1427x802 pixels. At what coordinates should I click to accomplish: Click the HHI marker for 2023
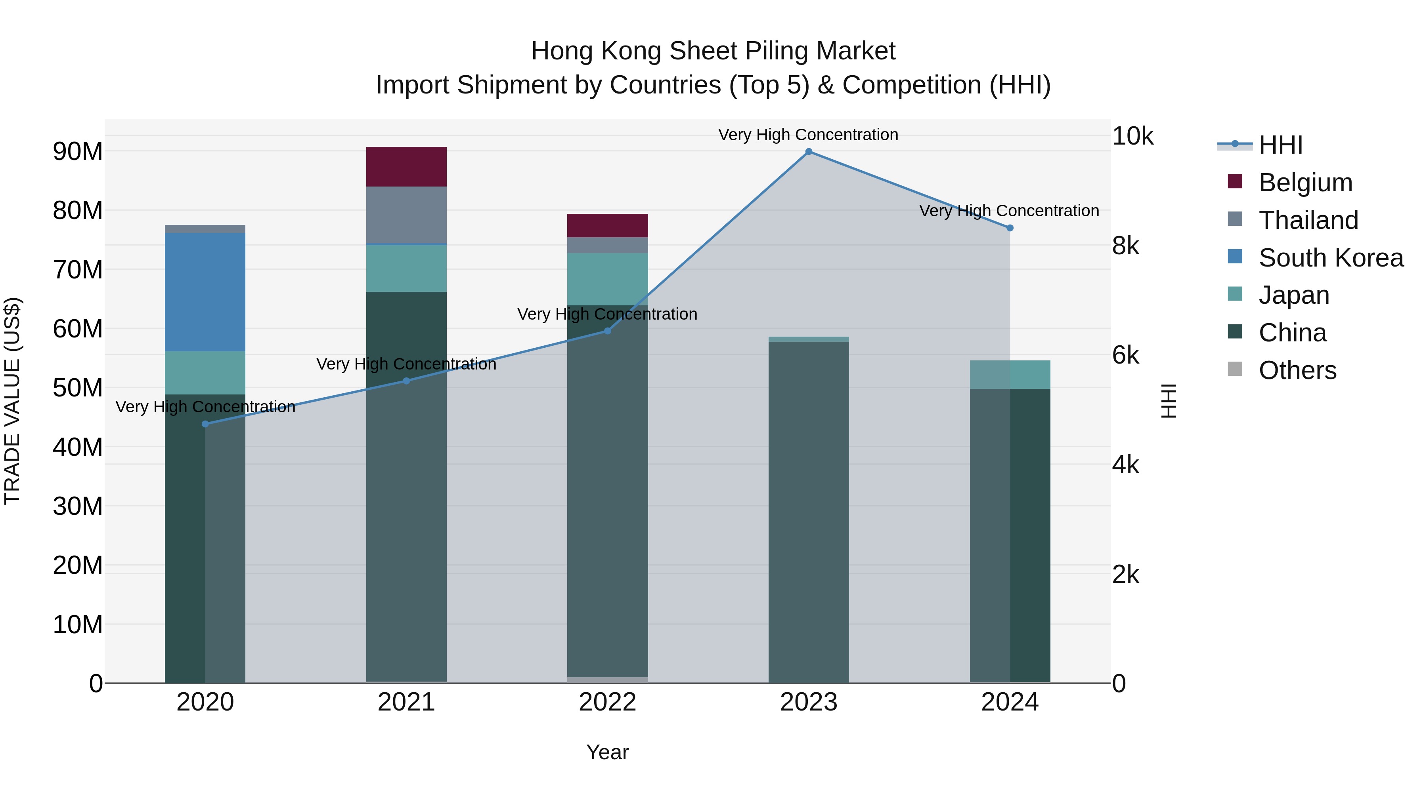tap(808, 152)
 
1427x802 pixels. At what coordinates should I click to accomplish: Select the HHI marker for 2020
tap(205, 424)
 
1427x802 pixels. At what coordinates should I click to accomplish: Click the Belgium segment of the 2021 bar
tap(406, 167)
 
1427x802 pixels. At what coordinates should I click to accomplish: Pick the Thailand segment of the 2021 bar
tap(406, 215)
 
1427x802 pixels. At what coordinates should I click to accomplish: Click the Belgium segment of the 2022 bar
tap(607, 225)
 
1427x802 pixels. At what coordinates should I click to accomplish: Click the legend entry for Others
tap(1297, 370)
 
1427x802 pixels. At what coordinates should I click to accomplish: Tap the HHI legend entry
tap(1280, 145)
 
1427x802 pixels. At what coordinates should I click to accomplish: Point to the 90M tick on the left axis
tap(78, 151)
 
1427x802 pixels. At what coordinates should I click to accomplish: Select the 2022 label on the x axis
tap(607, 702)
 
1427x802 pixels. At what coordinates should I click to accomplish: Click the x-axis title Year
tap(607, 752)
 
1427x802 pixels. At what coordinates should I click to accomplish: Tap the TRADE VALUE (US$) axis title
tap(12, 401)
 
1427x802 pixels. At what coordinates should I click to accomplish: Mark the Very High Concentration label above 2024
tap(1009, 211)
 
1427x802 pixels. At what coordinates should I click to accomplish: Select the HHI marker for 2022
tap(607, 331)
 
